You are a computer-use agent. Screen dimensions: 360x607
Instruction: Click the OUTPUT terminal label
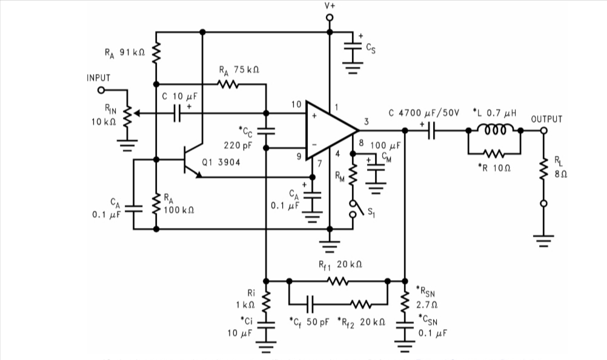click(x=546, y=119)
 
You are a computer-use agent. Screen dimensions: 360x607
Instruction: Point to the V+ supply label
click(x=330, y=5)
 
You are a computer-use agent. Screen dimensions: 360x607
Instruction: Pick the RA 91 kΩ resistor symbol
click(x=156, y=53)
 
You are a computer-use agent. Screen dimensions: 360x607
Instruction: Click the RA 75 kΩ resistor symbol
click(x=228, y=84)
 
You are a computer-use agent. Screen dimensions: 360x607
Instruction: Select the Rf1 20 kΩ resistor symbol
click(x=337, y=281)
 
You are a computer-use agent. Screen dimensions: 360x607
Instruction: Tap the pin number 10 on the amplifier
click(x=296, y=105)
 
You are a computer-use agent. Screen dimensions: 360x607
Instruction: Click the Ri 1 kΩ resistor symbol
click(x=265, y=299)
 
